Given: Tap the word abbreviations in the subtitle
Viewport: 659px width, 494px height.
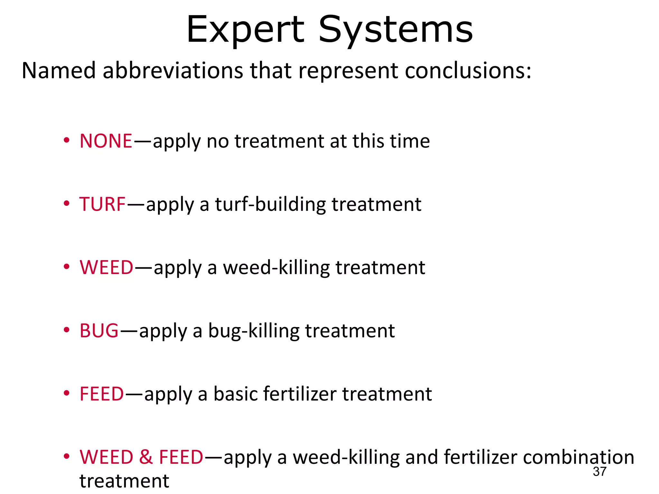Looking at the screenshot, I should (x=173, y=70).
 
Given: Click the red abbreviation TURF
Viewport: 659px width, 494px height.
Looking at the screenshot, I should (x=102, y=204).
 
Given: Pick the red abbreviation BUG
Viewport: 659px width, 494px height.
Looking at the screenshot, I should (x=99, y=331).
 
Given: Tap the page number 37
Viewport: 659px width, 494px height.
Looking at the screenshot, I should (x=599, y=471).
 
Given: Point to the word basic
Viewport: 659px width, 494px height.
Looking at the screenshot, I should (x=235, y=394).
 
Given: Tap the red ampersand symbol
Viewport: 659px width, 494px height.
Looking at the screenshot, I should (x=146, y=457).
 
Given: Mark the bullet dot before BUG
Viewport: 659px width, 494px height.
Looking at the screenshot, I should (x=67, y=330).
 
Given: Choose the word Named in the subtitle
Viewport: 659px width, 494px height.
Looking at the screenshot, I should (x=59, y=70).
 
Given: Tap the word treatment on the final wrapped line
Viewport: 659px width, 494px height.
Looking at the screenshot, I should (x=124, y=481).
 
